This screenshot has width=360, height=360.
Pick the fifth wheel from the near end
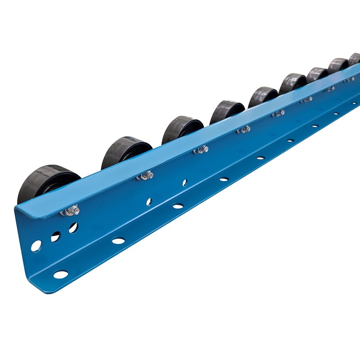click(x=263, y=96)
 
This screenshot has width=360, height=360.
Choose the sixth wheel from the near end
click(x=292, y=83)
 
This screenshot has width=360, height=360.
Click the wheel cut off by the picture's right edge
click(x=355, y=58)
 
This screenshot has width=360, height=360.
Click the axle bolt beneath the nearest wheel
click(x=72, y=210)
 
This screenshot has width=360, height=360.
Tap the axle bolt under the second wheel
click(x=146, y=175)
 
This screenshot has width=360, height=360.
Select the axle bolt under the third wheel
click(x=202, y=149)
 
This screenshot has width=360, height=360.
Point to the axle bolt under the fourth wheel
click(x=244, y=130)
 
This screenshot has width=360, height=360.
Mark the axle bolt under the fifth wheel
click(x=279, y=113)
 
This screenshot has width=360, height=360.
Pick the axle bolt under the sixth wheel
click(x=307, y=100)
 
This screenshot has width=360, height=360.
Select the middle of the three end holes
click(x=55, y=237)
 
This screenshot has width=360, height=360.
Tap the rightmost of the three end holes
click(x=73, y=228)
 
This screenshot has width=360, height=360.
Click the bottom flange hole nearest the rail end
click(x=60, y=274)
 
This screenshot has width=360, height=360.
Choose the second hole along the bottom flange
click(x=118, y=241)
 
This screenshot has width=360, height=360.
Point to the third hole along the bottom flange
click(x=178, y=206)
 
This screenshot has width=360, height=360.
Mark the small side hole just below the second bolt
click(x=149, y=202)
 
